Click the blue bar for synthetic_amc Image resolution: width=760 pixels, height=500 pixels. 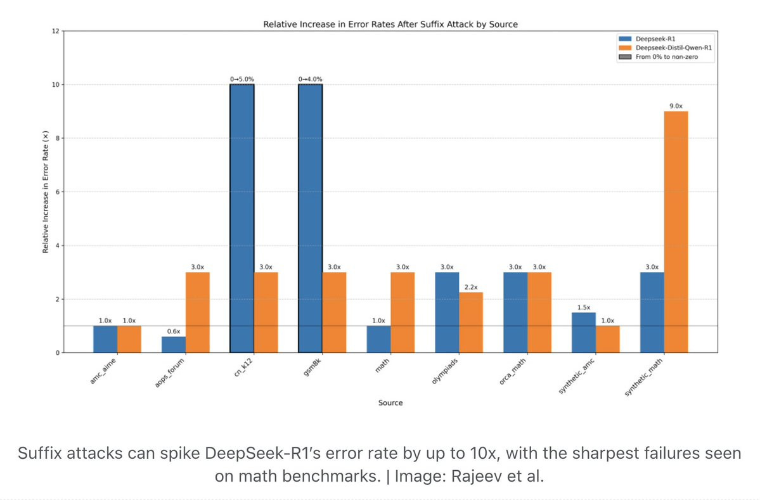584,332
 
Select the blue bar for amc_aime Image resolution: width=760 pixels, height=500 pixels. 105,339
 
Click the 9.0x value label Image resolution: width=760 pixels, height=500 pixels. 676,106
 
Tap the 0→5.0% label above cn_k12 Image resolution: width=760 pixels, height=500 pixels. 242,79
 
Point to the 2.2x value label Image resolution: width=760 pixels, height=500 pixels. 471,287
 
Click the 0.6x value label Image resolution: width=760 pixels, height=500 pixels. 173,331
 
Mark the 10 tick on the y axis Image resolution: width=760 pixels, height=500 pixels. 55,84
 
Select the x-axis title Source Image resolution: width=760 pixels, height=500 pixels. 390,403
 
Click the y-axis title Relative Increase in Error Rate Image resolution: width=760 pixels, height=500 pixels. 45,193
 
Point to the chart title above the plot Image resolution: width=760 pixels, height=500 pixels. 390,25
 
